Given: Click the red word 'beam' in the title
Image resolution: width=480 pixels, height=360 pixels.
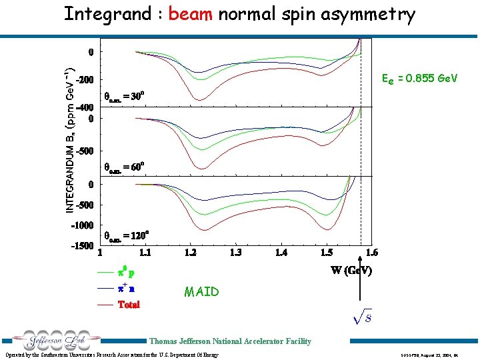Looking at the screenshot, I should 190,14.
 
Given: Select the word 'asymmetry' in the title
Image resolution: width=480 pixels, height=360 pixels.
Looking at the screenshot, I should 366,14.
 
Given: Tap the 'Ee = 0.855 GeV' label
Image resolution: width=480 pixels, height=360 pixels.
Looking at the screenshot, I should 419,79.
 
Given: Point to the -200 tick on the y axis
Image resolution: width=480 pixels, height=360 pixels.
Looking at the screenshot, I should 85,80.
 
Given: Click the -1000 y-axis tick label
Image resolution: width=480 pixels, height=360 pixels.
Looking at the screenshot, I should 83,225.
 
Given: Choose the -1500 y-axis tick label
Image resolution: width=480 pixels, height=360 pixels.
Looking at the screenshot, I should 83,246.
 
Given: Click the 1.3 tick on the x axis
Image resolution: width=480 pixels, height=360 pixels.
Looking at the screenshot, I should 235,253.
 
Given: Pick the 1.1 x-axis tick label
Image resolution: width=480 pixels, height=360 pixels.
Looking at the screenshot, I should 145,253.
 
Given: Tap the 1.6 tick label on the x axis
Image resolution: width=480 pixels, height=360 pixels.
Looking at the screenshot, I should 371,253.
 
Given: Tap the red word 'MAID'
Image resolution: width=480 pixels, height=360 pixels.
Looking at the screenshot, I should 201,292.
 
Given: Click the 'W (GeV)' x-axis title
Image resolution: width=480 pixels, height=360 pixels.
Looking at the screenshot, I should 351,271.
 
